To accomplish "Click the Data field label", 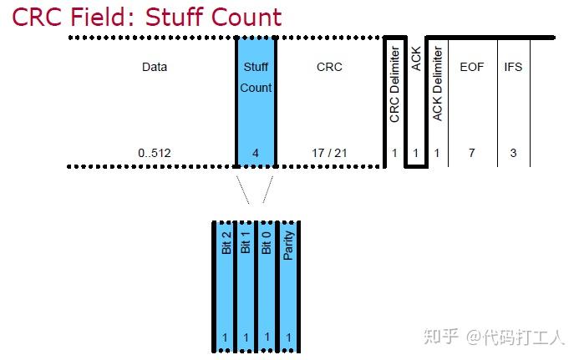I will point(155,67).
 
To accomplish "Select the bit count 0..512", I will point(155,153).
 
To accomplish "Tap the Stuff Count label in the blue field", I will point(256,77).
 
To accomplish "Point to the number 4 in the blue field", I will point(256,153).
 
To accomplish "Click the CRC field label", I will point(329,67).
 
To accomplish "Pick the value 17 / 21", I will point(329,153).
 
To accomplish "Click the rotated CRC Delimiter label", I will point(395,84).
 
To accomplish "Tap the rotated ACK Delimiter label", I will point(438,84).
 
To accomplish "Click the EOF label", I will point(472,67).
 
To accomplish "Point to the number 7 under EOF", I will point(472,153).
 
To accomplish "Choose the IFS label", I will point(513,67).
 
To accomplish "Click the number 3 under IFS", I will point(513,153).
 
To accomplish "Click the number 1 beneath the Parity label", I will point(289,337).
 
